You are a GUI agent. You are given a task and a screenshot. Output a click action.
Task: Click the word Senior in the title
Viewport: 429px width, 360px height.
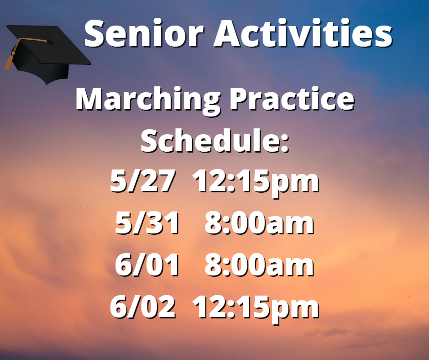(x=144, y=34)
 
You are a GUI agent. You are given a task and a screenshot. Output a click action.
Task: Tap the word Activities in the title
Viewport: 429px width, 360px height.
(x=303, y=33)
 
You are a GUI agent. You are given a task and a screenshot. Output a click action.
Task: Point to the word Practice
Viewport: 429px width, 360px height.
(x=292, y=99)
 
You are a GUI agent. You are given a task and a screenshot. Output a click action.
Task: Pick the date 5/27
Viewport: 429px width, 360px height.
(x=142, y=181)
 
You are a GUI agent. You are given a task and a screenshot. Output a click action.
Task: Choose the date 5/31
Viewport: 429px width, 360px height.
(x=147, y=223)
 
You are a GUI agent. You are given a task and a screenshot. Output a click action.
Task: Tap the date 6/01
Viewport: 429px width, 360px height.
(x=147, y=265)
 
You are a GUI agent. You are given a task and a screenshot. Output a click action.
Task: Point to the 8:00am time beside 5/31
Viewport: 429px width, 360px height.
(x=259, y=223)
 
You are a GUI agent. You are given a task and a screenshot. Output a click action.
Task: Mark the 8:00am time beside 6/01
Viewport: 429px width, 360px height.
(x=259, y=265)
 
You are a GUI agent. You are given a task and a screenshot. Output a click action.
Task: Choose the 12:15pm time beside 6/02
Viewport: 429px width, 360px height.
(x=256, y=308)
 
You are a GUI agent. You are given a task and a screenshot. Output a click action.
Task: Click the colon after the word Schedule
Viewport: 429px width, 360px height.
(x=285, y=144)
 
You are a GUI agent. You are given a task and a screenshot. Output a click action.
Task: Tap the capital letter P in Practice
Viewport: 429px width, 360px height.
(x=239, y=99)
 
